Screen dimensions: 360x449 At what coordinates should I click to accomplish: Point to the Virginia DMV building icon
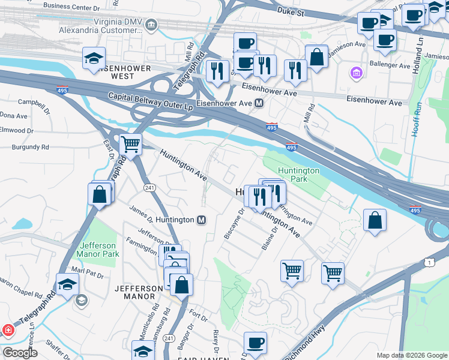151,25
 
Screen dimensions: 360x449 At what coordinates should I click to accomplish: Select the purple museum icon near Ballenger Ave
357,73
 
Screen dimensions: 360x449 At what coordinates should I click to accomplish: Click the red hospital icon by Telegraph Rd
7,329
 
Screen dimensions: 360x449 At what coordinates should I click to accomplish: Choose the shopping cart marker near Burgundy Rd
130,144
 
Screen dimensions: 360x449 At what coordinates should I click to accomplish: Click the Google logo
20,353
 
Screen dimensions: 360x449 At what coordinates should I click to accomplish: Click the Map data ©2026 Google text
411,355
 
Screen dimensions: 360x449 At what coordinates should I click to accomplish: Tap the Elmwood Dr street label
17,130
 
